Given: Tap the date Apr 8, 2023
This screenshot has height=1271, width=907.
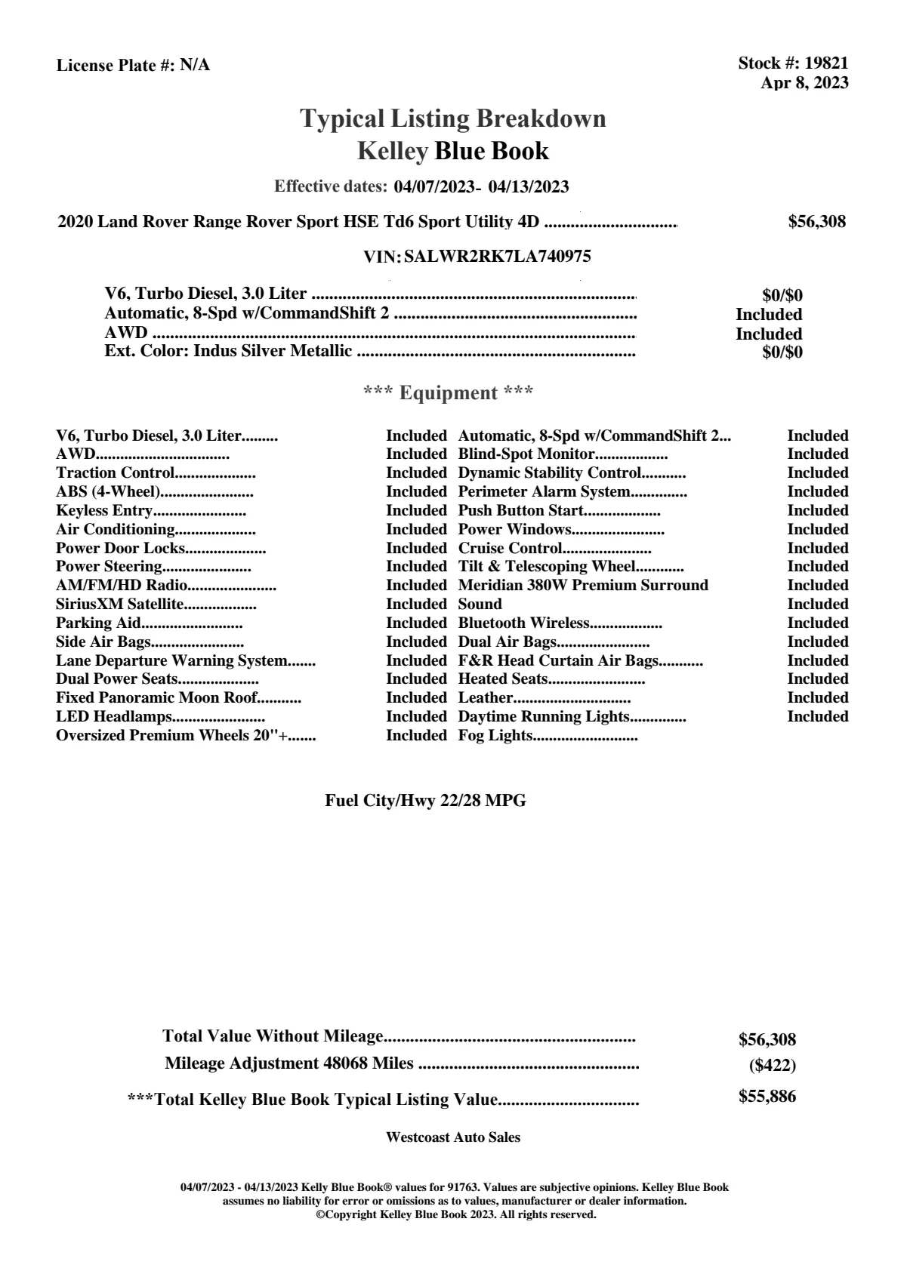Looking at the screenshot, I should [804, 82].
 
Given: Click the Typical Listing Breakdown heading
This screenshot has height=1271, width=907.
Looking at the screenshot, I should [453, 118].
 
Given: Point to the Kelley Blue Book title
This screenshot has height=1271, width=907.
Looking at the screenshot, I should [453, 151].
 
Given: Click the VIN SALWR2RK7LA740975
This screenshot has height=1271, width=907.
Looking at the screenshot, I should [498, 257].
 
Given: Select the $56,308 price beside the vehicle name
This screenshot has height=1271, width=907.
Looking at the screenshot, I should [816, 222].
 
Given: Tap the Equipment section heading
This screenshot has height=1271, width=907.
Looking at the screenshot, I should [449, 393].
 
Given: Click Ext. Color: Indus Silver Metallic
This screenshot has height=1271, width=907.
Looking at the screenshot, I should [228, 351].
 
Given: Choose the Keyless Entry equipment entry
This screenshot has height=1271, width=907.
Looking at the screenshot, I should [104, 511].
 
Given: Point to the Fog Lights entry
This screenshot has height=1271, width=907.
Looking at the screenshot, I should [495, 736].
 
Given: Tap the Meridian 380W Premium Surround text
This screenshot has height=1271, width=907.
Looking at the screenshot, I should [583, 586].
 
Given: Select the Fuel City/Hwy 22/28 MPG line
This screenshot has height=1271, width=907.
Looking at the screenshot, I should [425, 801].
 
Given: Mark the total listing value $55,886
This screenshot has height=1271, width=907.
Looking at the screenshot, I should [767, 1097].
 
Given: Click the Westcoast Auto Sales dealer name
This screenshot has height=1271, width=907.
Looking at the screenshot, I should [452, 1137].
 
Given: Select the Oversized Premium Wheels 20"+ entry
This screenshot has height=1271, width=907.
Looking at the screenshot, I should [174, 736].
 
